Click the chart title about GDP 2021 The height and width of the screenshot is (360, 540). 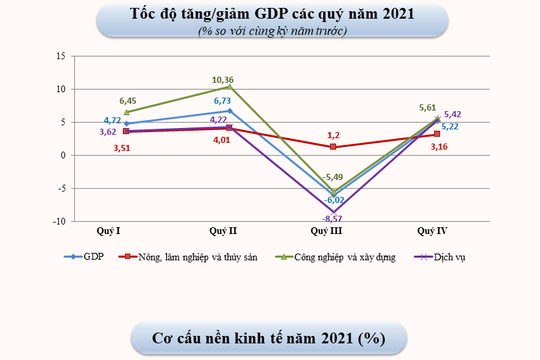271,17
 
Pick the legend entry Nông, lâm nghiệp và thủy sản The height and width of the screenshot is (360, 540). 184,257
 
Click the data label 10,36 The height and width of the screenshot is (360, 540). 223,78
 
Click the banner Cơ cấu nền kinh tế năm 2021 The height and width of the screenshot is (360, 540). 271,337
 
